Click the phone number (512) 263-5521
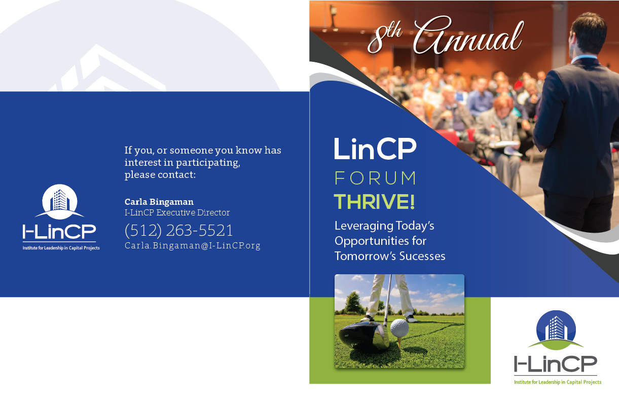pos(178,230)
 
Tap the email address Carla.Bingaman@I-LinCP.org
pos(192,246)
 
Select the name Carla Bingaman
pos(159,202)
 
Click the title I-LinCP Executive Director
pos(177,213)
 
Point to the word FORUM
pos(375,178)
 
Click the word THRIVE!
pos(374,202)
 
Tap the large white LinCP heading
pos(375,149)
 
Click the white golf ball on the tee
pos(399,327)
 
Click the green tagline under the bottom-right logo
pos(558,382)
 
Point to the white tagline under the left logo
pos(61,248)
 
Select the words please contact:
pos(160,175)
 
